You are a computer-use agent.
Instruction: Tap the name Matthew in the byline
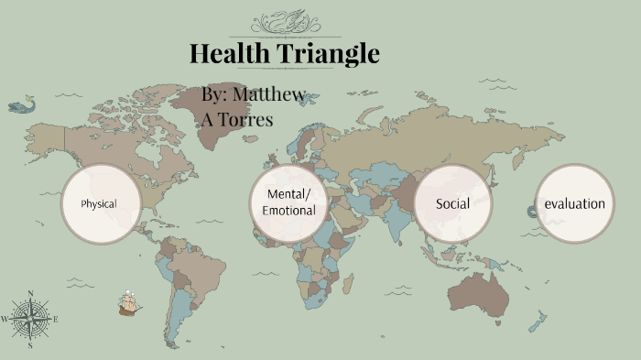(x=269, y=94)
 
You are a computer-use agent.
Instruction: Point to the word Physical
(x=99, y=203)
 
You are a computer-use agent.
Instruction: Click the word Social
(x=452, y=203)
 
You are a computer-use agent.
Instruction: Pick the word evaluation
(x=575, y=203)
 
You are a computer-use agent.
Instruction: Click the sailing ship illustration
(x=129, y=302)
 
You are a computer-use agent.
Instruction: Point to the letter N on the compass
(x=31, y=294)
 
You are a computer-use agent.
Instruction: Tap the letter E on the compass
(x=56, y=319)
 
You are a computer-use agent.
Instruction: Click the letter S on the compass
(x=30, y=345)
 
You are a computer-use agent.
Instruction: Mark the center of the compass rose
(x=30, y=319)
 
